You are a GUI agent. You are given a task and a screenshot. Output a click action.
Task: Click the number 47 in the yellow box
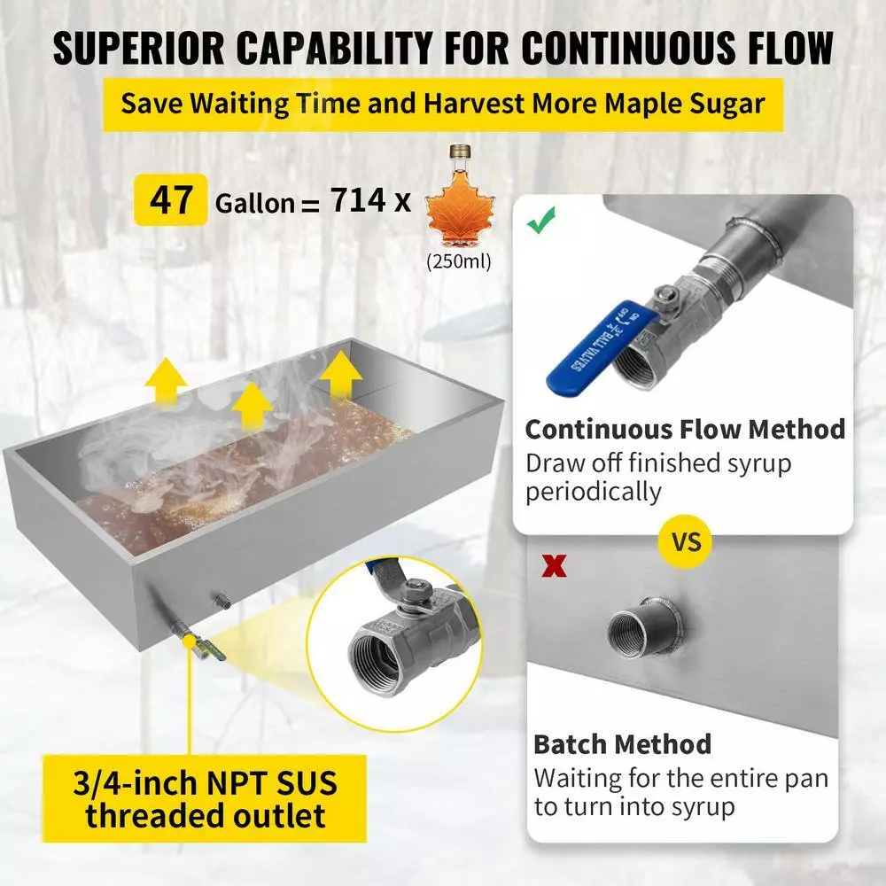(x=171, y=200)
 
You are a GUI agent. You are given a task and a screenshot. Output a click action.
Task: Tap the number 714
(x=358, y=200)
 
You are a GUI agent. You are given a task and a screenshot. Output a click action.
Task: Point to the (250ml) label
(x=459, y=261)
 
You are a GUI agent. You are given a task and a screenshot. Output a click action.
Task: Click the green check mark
(x=540, y=220)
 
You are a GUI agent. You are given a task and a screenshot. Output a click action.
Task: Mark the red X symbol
(x=554, y=565)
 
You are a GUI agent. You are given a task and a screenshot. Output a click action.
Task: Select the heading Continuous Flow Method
(x=685, y=430)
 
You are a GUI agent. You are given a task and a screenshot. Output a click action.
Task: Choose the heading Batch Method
(x=622, y=744)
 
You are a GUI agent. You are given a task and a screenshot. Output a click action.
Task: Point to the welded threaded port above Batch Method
(x=645, y=626)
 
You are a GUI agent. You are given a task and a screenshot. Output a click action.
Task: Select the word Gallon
(x=255, y=203)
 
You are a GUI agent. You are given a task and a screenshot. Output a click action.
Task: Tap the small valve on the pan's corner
(x=192, y=641)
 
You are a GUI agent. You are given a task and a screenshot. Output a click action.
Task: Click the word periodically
(x=594, y=492)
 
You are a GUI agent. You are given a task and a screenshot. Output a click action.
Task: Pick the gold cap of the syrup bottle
(x=460, y=151)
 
